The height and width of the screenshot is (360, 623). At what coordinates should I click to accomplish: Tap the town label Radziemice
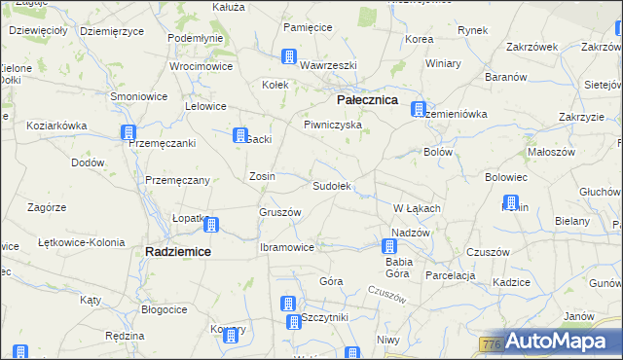[177, 251]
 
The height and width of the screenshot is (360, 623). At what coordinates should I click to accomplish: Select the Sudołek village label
[331, 185]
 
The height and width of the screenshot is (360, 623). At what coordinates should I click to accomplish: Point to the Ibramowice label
[286, 247]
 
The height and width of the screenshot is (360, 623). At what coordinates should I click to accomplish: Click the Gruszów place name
[279, 212]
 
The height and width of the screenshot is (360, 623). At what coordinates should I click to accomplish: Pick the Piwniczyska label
[332, 125]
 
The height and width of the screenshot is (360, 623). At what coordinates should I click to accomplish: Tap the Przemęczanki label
[163, 143]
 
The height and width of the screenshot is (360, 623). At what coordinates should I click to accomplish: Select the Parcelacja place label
[449, 274]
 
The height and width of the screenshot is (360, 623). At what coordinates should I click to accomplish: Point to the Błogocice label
[164, 309]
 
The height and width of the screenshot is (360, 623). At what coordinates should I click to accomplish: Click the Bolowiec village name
[505, 177]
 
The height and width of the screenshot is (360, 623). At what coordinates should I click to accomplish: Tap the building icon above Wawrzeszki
[288, 56]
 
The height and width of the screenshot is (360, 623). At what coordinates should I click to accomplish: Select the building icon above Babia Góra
[388, 246]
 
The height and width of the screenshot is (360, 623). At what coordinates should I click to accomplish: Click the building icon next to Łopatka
[211, 226]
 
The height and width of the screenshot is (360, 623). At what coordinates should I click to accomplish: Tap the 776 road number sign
[491, 344]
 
